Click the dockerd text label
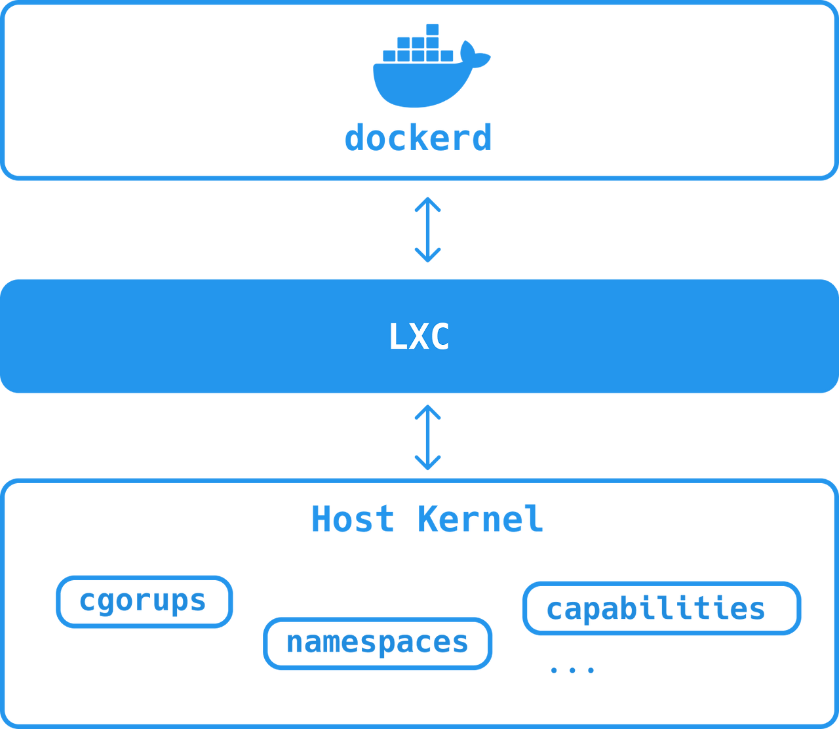[x=418, y=138]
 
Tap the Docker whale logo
[x=431, y=66]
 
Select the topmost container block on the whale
[x=432, y=30]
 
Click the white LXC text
[x=419, y=336]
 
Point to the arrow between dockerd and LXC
[x=428, y=229]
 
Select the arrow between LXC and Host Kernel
[x=428, y=437]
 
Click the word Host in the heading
[x=353, y=519]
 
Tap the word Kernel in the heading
[x=480, y=519]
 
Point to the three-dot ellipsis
[x=572, y=671]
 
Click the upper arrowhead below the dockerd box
[x=428, y=204]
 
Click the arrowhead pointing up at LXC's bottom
[x=428, y=412]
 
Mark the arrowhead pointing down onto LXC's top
[x=428, y=255]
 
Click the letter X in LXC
[x=419, y=336]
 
